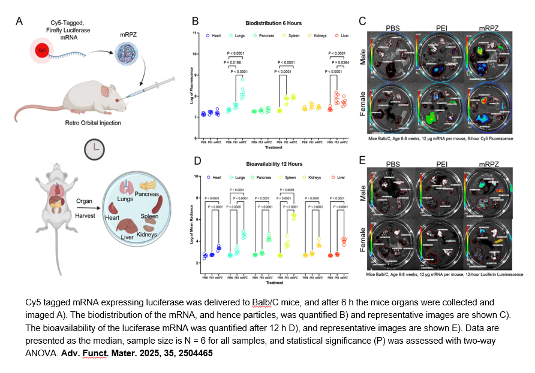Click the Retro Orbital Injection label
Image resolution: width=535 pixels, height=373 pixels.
pyautogui.click(x=96, y=123)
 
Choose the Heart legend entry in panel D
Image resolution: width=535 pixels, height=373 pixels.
pyautogui.click(x=214, y=177)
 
